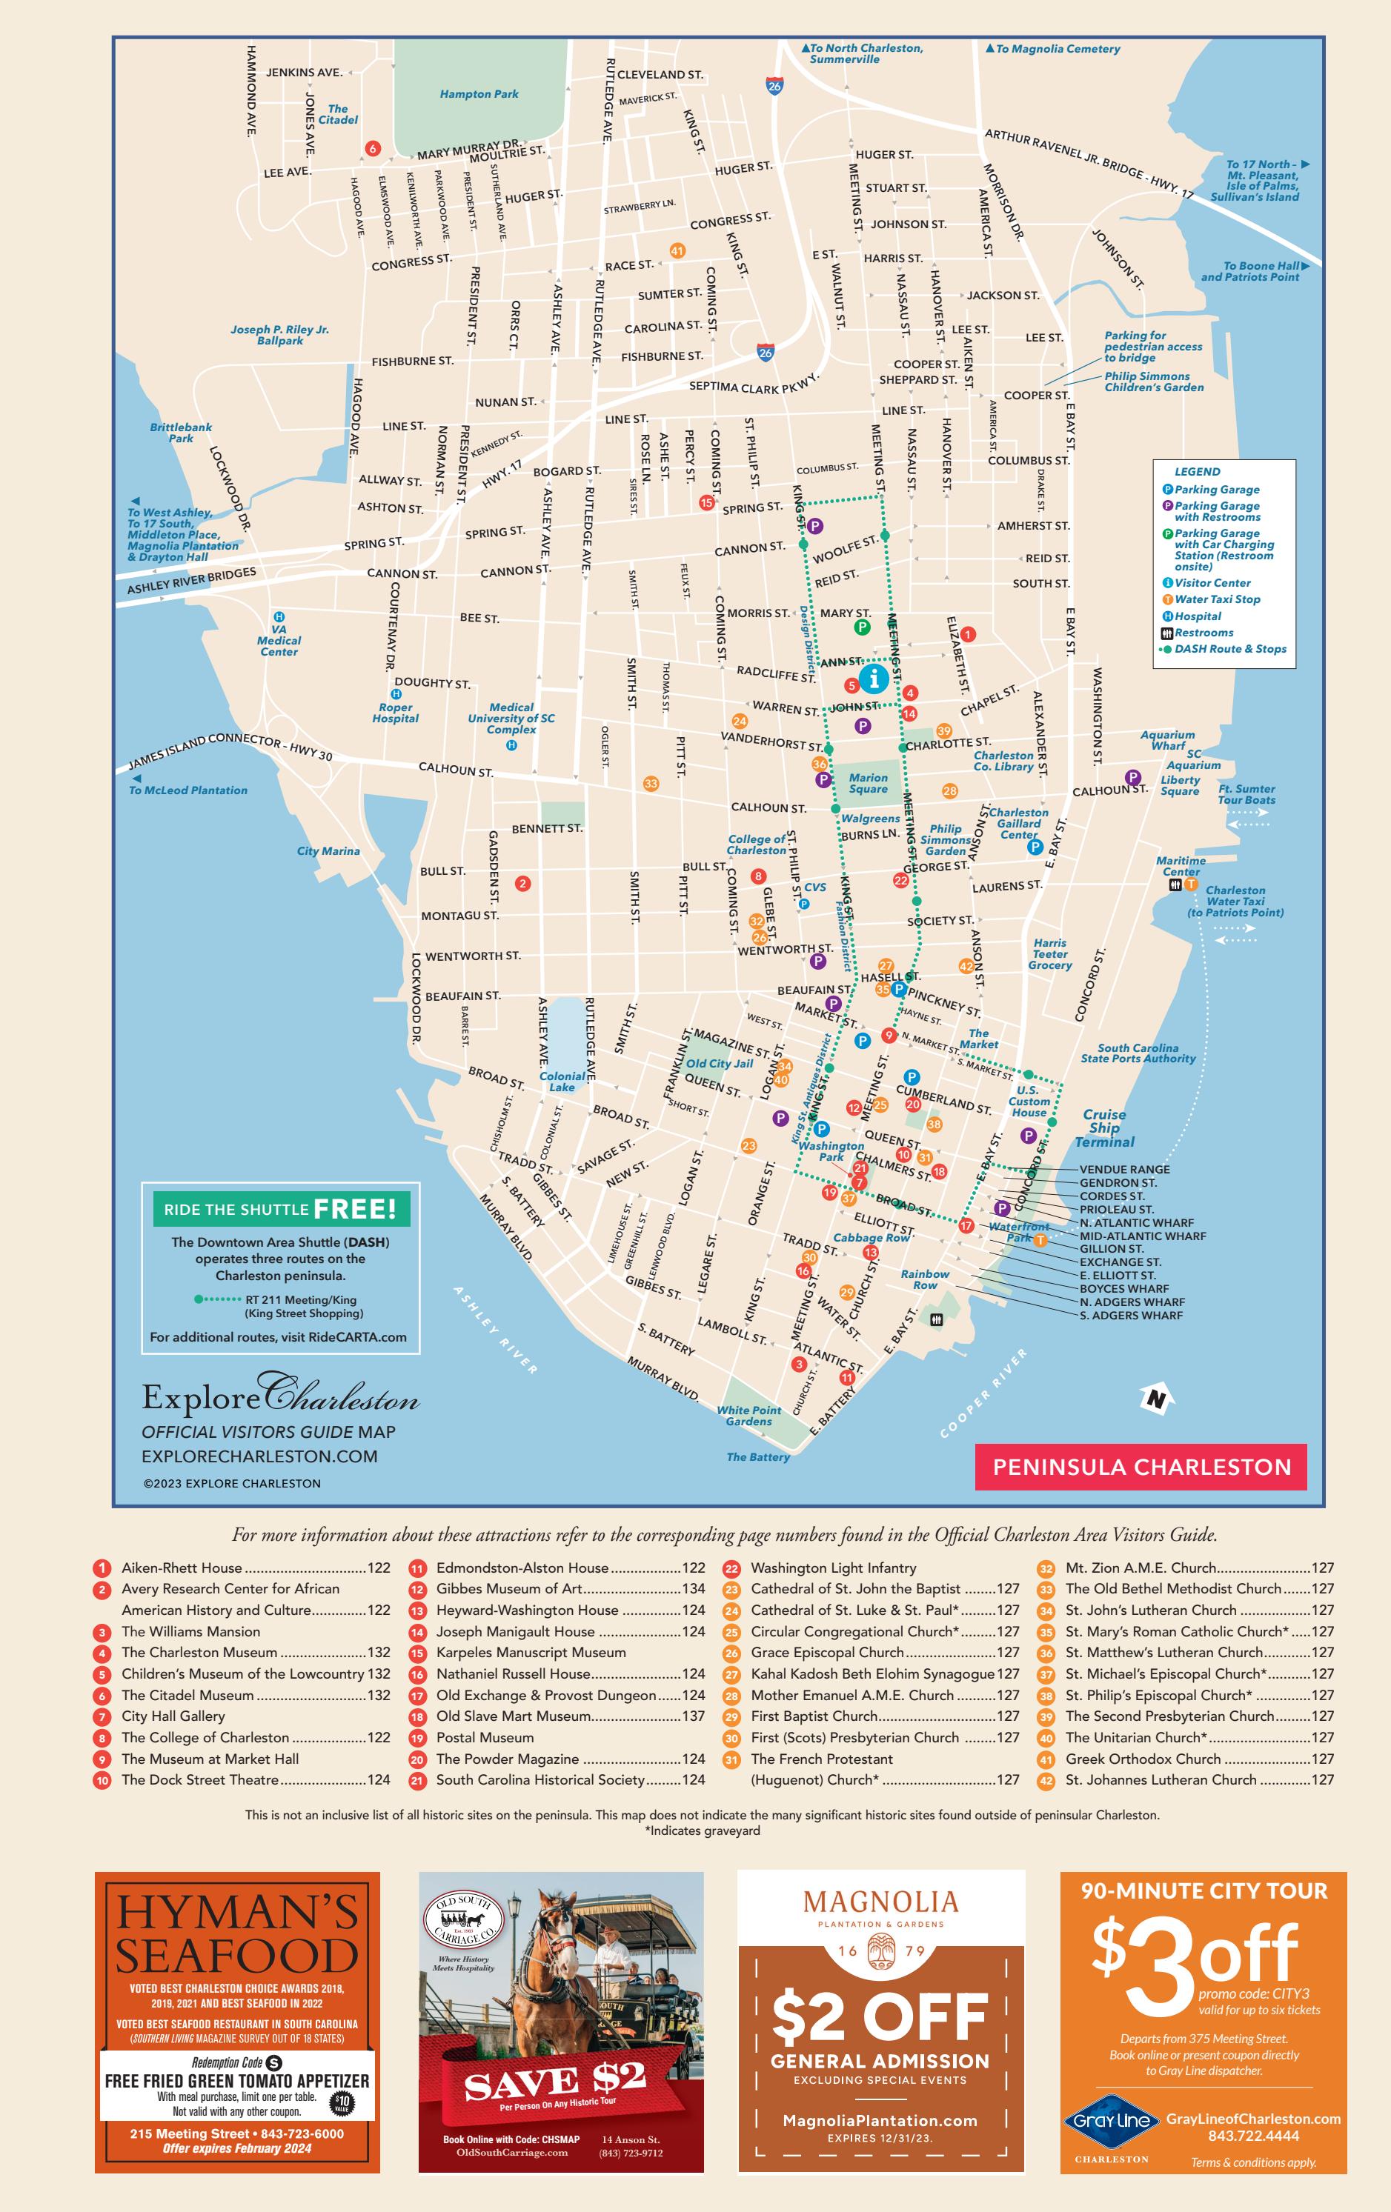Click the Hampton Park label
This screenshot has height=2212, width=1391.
pos(479,93)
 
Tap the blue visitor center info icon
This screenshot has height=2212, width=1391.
pos(874,679)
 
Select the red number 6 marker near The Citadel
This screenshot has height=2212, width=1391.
pos(372,148)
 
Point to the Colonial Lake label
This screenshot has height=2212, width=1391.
pos(561,1082)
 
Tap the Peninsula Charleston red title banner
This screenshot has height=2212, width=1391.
pos(1141,1467)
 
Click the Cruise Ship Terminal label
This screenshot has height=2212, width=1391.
pos(1104,1128)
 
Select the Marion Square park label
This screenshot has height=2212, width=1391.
pos(869,783)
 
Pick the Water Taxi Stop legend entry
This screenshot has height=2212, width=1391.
pos(1216,599)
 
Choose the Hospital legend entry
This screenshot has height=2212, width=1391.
pos(1197,616)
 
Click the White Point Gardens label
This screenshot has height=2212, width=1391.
pos(748,1416)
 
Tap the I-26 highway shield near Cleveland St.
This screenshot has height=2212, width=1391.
pos(774,85)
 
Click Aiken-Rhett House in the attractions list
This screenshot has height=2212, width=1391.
pos(182,1568)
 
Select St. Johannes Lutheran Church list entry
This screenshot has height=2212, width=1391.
pos(1161,1779)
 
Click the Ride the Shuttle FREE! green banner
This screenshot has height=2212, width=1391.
pos(280,1209)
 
